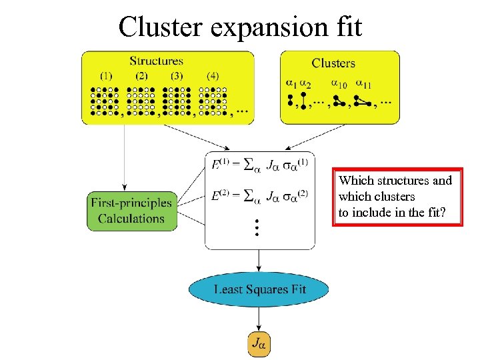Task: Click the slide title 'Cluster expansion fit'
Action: click(240, 27)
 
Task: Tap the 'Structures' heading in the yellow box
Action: click(157, 61)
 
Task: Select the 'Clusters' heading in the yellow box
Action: click(333, 63)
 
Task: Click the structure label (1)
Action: click(105, 76)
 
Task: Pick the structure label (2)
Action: click(141, 76)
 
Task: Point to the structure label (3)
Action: click(177, 76)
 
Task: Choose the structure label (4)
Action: click(213, 76)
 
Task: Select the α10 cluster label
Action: click(339, 84)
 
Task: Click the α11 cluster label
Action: click(364, 84)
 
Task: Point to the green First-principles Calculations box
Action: click(131, 211)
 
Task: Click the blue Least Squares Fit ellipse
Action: click(259, 289)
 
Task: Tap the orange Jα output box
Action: click(259, 344)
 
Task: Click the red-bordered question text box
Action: click(397, 197)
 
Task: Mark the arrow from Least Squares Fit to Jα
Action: click(259, 319)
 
